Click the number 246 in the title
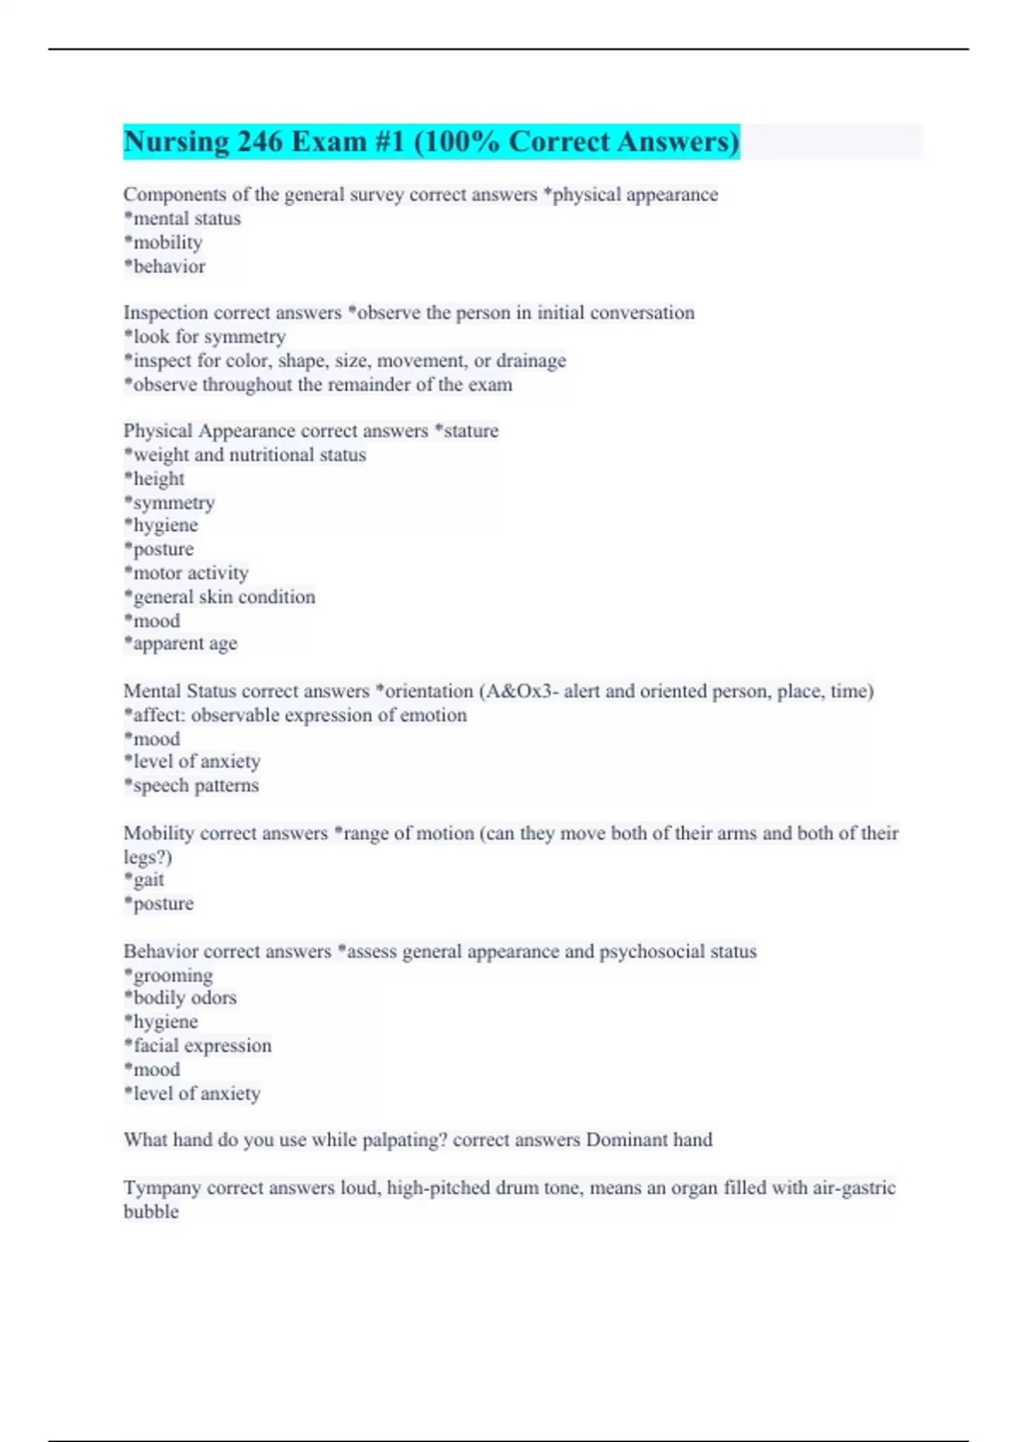pyautogui.click(x=260, y=142)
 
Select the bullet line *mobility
pyautogui.click(x=164, y=243)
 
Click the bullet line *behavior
pyautogui.click(x=165, y=266)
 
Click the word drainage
pyautogui.click(x=531, y=360)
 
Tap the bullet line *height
pyautogui.click(x=154, y=478)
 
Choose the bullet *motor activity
pyautogui.click(x=187, y=573)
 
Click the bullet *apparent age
pyautogui.click(x=181, y=644)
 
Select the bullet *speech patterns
pyautogui.click(x=192, y=785)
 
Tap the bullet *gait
pyautogui.click(x=144, y=880)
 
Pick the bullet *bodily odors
pyautogui.click(x=181, y=998)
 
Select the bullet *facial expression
pyautogui.click(x=199, y=1046)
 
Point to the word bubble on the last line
pyautogui.click(x=151, y=1211)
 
